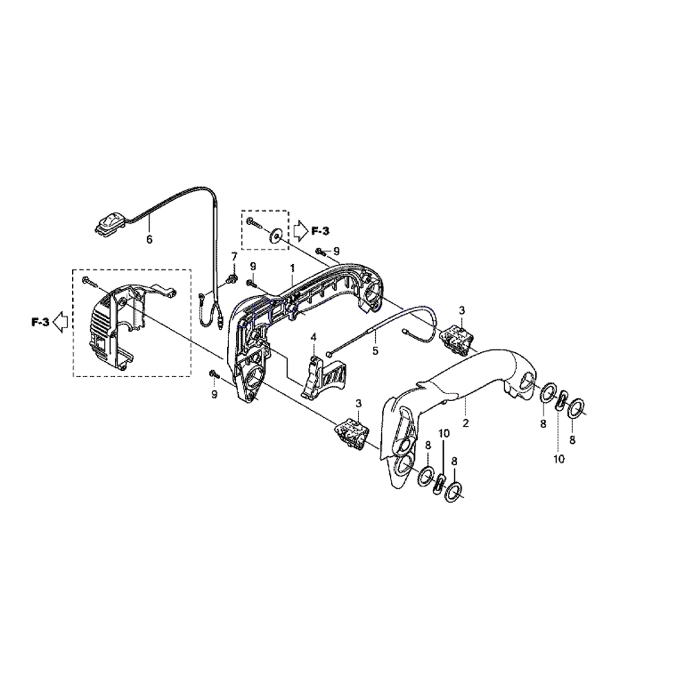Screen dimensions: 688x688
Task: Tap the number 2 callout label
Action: (466, 423)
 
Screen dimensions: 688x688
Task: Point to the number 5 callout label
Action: (375, 350)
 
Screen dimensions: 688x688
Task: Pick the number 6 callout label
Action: (149, 239)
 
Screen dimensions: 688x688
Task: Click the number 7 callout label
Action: (234, 257)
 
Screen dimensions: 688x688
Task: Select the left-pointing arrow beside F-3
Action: (60, 321)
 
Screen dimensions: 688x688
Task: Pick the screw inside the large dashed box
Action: (88, 279)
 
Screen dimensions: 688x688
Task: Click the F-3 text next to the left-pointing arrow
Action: (40, 321)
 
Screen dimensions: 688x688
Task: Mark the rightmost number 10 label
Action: (559, 459)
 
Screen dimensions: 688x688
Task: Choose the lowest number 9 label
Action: (214, 394)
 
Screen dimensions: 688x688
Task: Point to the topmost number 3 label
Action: (462, 310)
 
